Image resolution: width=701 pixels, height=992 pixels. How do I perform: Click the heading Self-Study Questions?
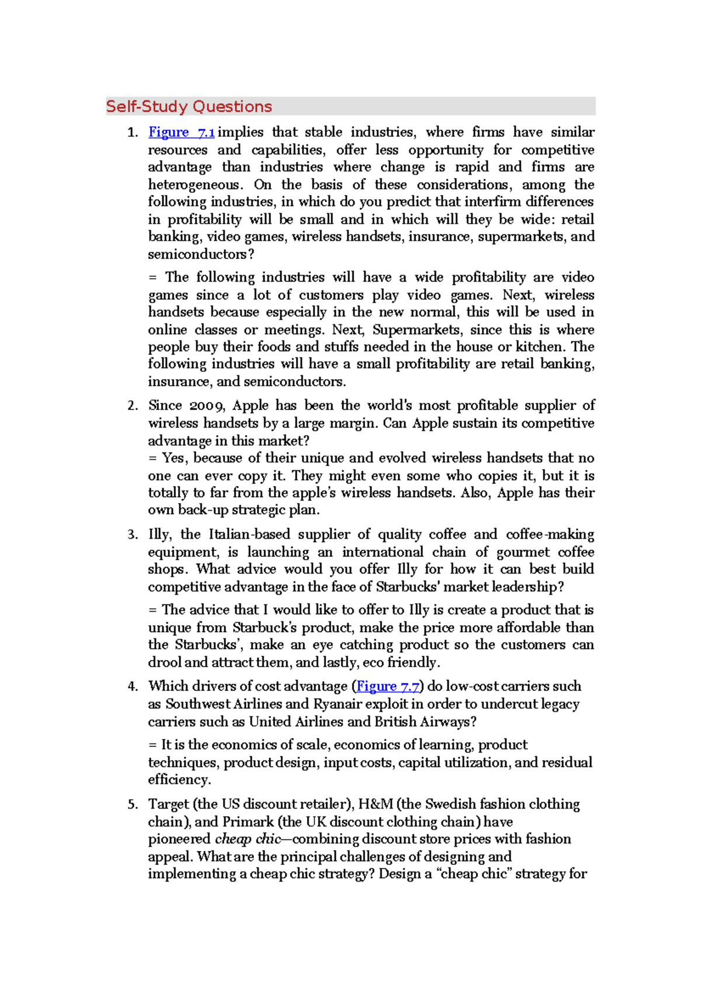[189, 106]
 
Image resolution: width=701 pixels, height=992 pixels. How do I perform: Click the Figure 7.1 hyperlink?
[181, 133]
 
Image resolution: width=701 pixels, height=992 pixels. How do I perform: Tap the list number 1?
[133, 133]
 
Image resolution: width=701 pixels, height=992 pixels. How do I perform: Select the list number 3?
[133, 535]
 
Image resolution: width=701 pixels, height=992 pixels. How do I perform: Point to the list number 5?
[133, 804]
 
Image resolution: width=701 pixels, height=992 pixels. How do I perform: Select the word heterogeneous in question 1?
[194, 185]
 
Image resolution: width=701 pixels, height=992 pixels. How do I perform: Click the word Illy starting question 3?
[159, 535]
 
